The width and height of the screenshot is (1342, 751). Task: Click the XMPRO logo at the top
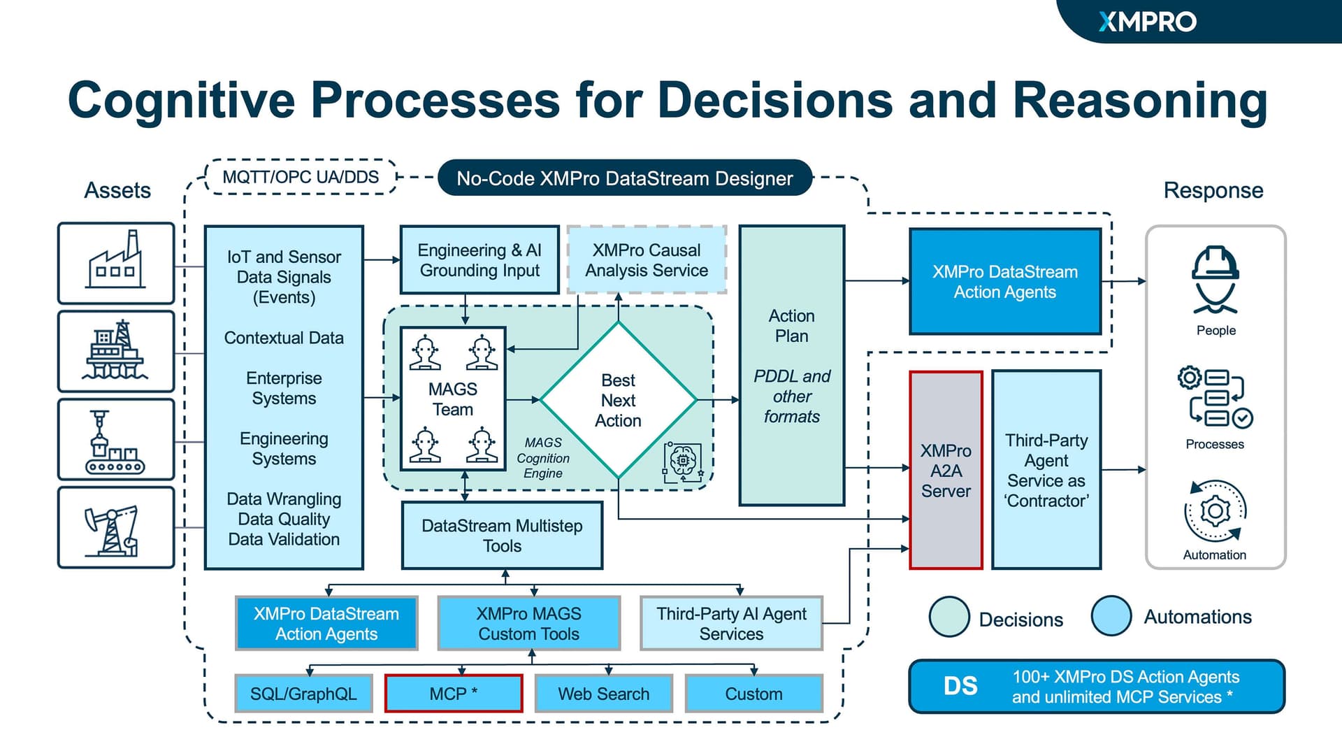1147,22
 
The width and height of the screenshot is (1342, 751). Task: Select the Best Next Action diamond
619,400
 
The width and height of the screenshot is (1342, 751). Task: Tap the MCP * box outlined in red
454,694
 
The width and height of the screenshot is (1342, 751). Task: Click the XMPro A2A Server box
946,470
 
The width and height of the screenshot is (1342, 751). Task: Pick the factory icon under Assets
116,263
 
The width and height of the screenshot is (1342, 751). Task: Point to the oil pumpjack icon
116,528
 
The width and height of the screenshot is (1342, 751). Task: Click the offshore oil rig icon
116,351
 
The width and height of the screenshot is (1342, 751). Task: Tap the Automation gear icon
1215,511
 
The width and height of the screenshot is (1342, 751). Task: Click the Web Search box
604,694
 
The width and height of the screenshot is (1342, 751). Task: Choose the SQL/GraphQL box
303,694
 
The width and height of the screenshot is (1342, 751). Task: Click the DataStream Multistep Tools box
502,536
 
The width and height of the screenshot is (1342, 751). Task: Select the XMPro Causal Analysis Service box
647,260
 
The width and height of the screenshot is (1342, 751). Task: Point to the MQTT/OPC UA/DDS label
301,177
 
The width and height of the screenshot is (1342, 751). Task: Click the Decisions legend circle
949,617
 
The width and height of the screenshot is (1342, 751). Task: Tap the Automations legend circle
1111,616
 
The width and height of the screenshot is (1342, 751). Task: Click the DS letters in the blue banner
960,686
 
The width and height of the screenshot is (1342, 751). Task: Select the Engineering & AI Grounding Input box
479,260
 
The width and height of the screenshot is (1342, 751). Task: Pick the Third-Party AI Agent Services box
731,624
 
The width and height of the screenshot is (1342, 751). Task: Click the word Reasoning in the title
1140,100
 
